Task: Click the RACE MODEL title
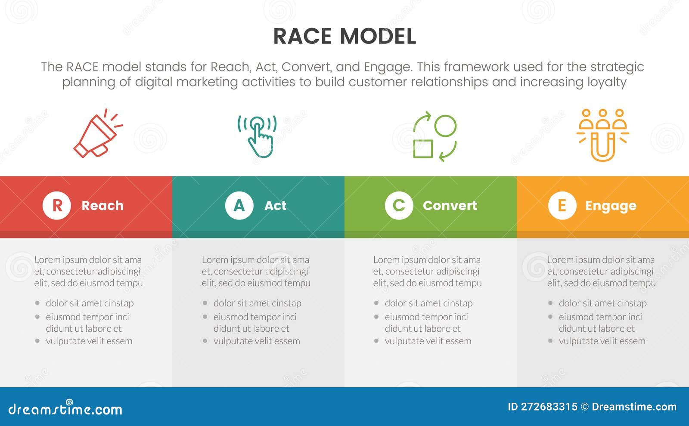click(x=344, y=36)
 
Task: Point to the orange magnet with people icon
click(x=602, y=135)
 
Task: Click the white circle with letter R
click(x=57, y=206)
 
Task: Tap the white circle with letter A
click(x=239, y=206)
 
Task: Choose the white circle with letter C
click(x=399, y=206)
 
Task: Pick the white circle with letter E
click(x=562, y=206)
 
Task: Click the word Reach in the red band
click(x=102, y=206)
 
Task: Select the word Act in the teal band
click(x=275, y=206)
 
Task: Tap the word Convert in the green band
click(x=450, y=206)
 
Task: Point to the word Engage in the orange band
click(x=610, y=206)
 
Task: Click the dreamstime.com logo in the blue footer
click(x=65, y=409)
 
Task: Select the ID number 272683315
click(x=549, y=407)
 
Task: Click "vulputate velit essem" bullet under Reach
click(x=89, y=341)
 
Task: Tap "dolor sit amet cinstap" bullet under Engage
click(x=602, y=303)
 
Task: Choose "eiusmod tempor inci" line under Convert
click(x=426, y=317)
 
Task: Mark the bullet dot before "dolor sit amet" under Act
click(x=205, y=303)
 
